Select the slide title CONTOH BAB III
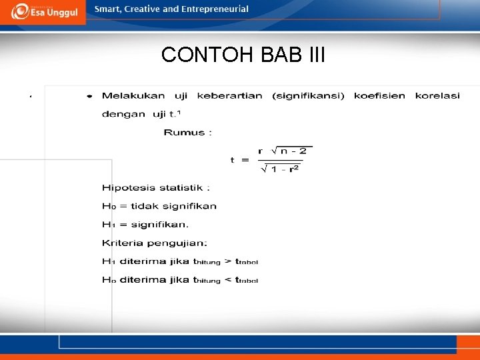[x=243, y=55]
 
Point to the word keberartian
[x=230, y=96]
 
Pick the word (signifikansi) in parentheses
[x=308, y=96]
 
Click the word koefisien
[x=379, y=96]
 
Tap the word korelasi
[x=437, y=96]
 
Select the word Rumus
[x=184, y=132]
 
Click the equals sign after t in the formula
[x=245, y=160]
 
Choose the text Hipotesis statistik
[x=155, y=189]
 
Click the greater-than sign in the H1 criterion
[x=228, y=261]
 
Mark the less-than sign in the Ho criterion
[x=228, y=280]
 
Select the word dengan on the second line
[x=124, y=114]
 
